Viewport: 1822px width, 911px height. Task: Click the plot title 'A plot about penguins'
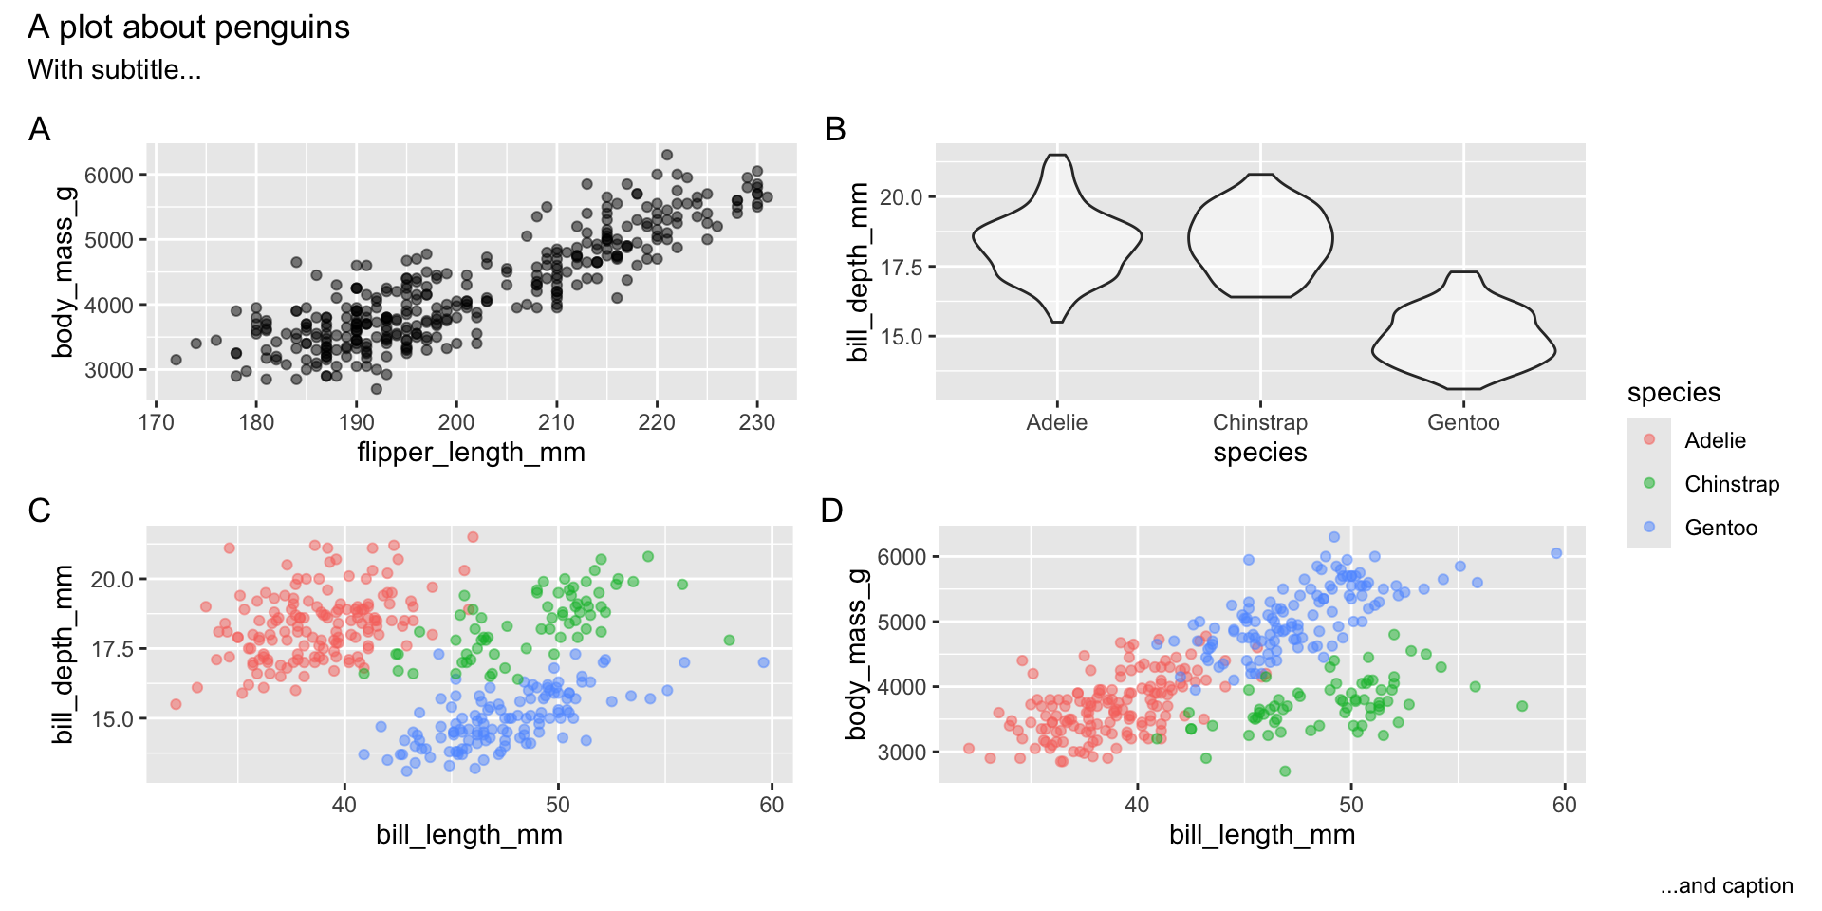(189, 28)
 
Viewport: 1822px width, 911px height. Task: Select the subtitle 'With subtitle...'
(115, 70)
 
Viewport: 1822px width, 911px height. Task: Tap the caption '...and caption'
(1727, 886)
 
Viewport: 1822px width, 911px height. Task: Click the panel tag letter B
(835, 130)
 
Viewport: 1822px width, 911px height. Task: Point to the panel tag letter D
(832, 511)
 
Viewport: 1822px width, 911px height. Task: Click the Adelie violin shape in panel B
(1057, 237)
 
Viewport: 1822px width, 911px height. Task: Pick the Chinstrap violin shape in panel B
(1260, 237)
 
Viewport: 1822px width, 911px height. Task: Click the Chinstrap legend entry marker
(1649, 483)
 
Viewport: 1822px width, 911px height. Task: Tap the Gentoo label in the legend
(1720, 528)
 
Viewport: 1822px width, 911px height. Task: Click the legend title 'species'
(1674, 393)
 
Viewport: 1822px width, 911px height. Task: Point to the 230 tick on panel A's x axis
(756, 423)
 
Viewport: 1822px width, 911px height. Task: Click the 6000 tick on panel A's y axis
(109, 176)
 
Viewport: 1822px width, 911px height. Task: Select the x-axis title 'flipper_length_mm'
(471, 453)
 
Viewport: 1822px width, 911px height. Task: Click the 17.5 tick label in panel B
(901, 268)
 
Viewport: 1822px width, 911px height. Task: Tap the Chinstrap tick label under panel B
(1260, 423)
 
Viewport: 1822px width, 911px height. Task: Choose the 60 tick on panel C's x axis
(772, 806)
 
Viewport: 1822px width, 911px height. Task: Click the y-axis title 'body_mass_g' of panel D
(857, 655)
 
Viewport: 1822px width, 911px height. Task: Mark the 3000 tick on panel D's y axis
(902, 753)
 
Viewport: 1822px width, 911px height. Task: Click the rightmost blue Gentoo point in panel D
(1556, 553)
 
